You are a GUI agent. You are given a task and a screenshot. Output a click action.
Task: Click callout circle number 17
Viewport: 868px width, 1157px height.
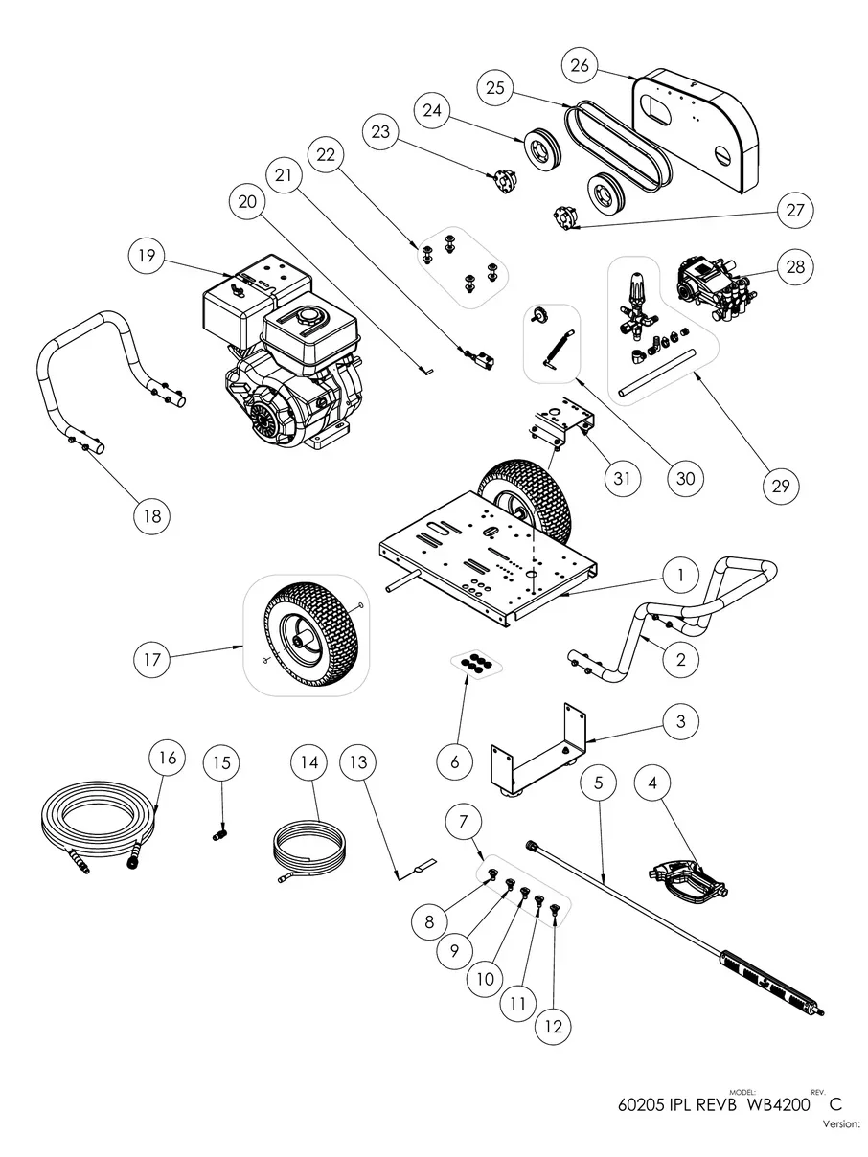[153, 659]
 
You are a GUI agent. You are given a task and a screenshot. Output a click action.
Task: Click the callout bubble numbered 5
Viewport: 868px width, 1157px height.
[599, 783]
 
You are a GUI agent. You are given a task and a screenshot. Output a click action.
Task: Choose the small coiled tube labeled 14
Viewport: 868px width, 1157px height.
[308, 844]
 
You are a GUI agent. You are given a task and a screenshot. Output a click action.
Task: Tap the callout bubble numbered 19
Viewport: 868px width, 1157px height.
[151, 257]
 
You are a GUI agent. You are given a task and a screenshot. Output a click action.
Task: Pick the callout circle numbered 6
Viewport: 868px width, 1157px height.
[455, 762]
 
